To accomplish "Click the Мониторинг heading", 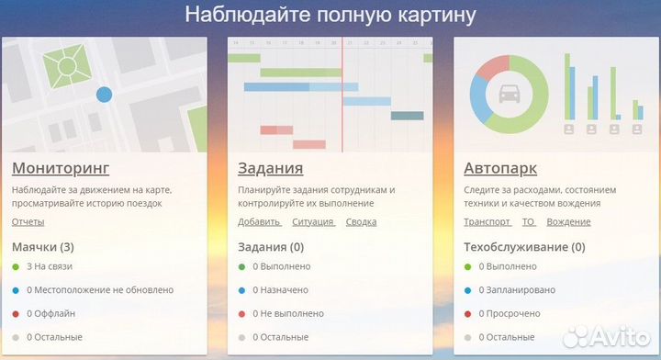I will click(x=61, y=168).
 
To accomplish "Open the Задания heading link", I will click(x=270, y=168).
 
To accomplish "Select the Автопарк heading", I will click(x=500, y=168).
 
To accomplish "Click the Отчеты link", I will click(x=28, y=222).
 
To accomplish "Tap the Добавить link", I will click(x=259, y=222).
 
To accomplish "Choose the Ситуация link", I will click(x=313, y=222).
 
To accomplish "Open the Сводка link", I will click(x=361, y=222).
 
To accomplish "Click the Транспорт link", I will click(x=487, y=222).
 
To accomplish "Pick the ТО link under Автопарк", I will click(x=528, y=222).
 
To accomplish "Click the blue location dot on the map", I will click(x=105, y=94).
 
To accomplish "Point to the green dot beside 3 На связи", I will click(x=16, y=266).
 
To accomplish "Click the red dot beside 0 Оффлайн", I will click(x=16, y=314).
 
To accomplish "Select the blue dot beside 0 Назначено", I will click(x=241, y=290).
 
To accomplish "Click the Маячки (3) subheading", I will click(x=43, y=247).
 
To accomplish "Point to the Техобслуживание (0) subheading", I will click(x=524, y=247).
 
